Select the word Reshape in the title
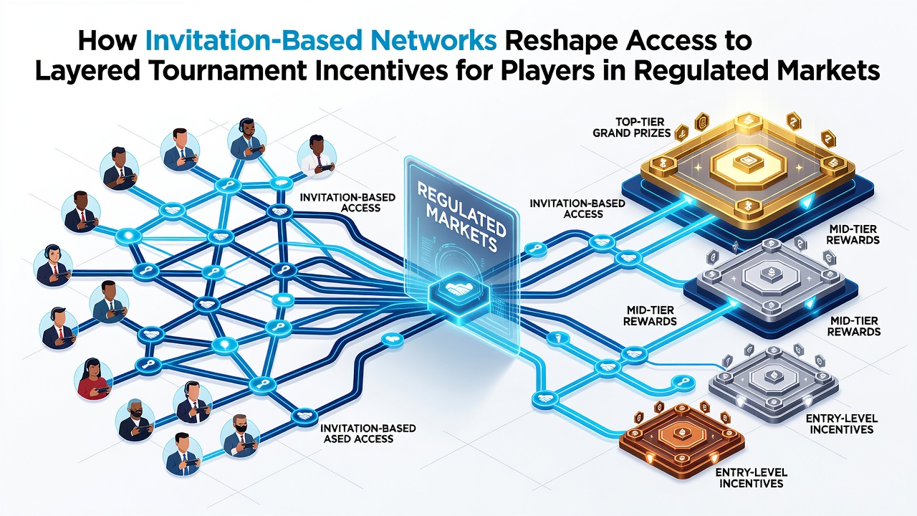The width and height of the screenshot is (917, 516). tap(565, 42)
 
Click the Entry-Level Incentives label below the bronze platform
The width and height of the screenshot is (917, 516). tap(752, 478)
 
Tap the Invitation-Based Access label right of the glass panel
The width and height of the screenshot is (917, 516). tap(577, 209)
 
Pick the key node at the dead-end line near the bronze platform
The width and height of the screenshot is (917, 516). tap(683, 383)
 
